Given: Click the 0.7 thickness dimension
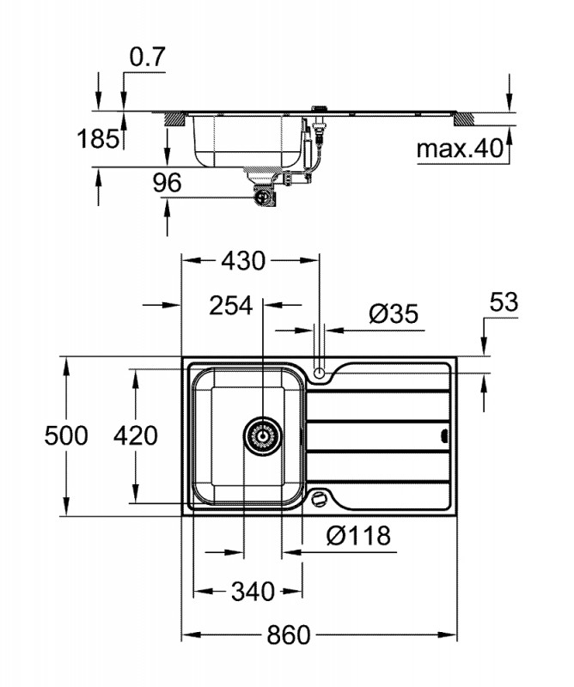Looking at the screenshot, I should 147,58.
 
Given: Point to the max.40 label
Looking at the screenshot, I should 458,149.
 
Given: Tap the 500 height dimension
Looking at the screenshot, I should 66,436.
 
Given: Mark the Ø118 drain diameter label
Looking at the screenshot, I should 358,537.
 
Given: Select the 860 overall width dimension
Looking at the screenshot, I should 285,635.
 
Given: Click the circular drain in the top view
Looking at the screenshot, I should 261,436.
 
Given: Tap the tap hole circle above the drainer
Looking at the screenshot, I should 320,374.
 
